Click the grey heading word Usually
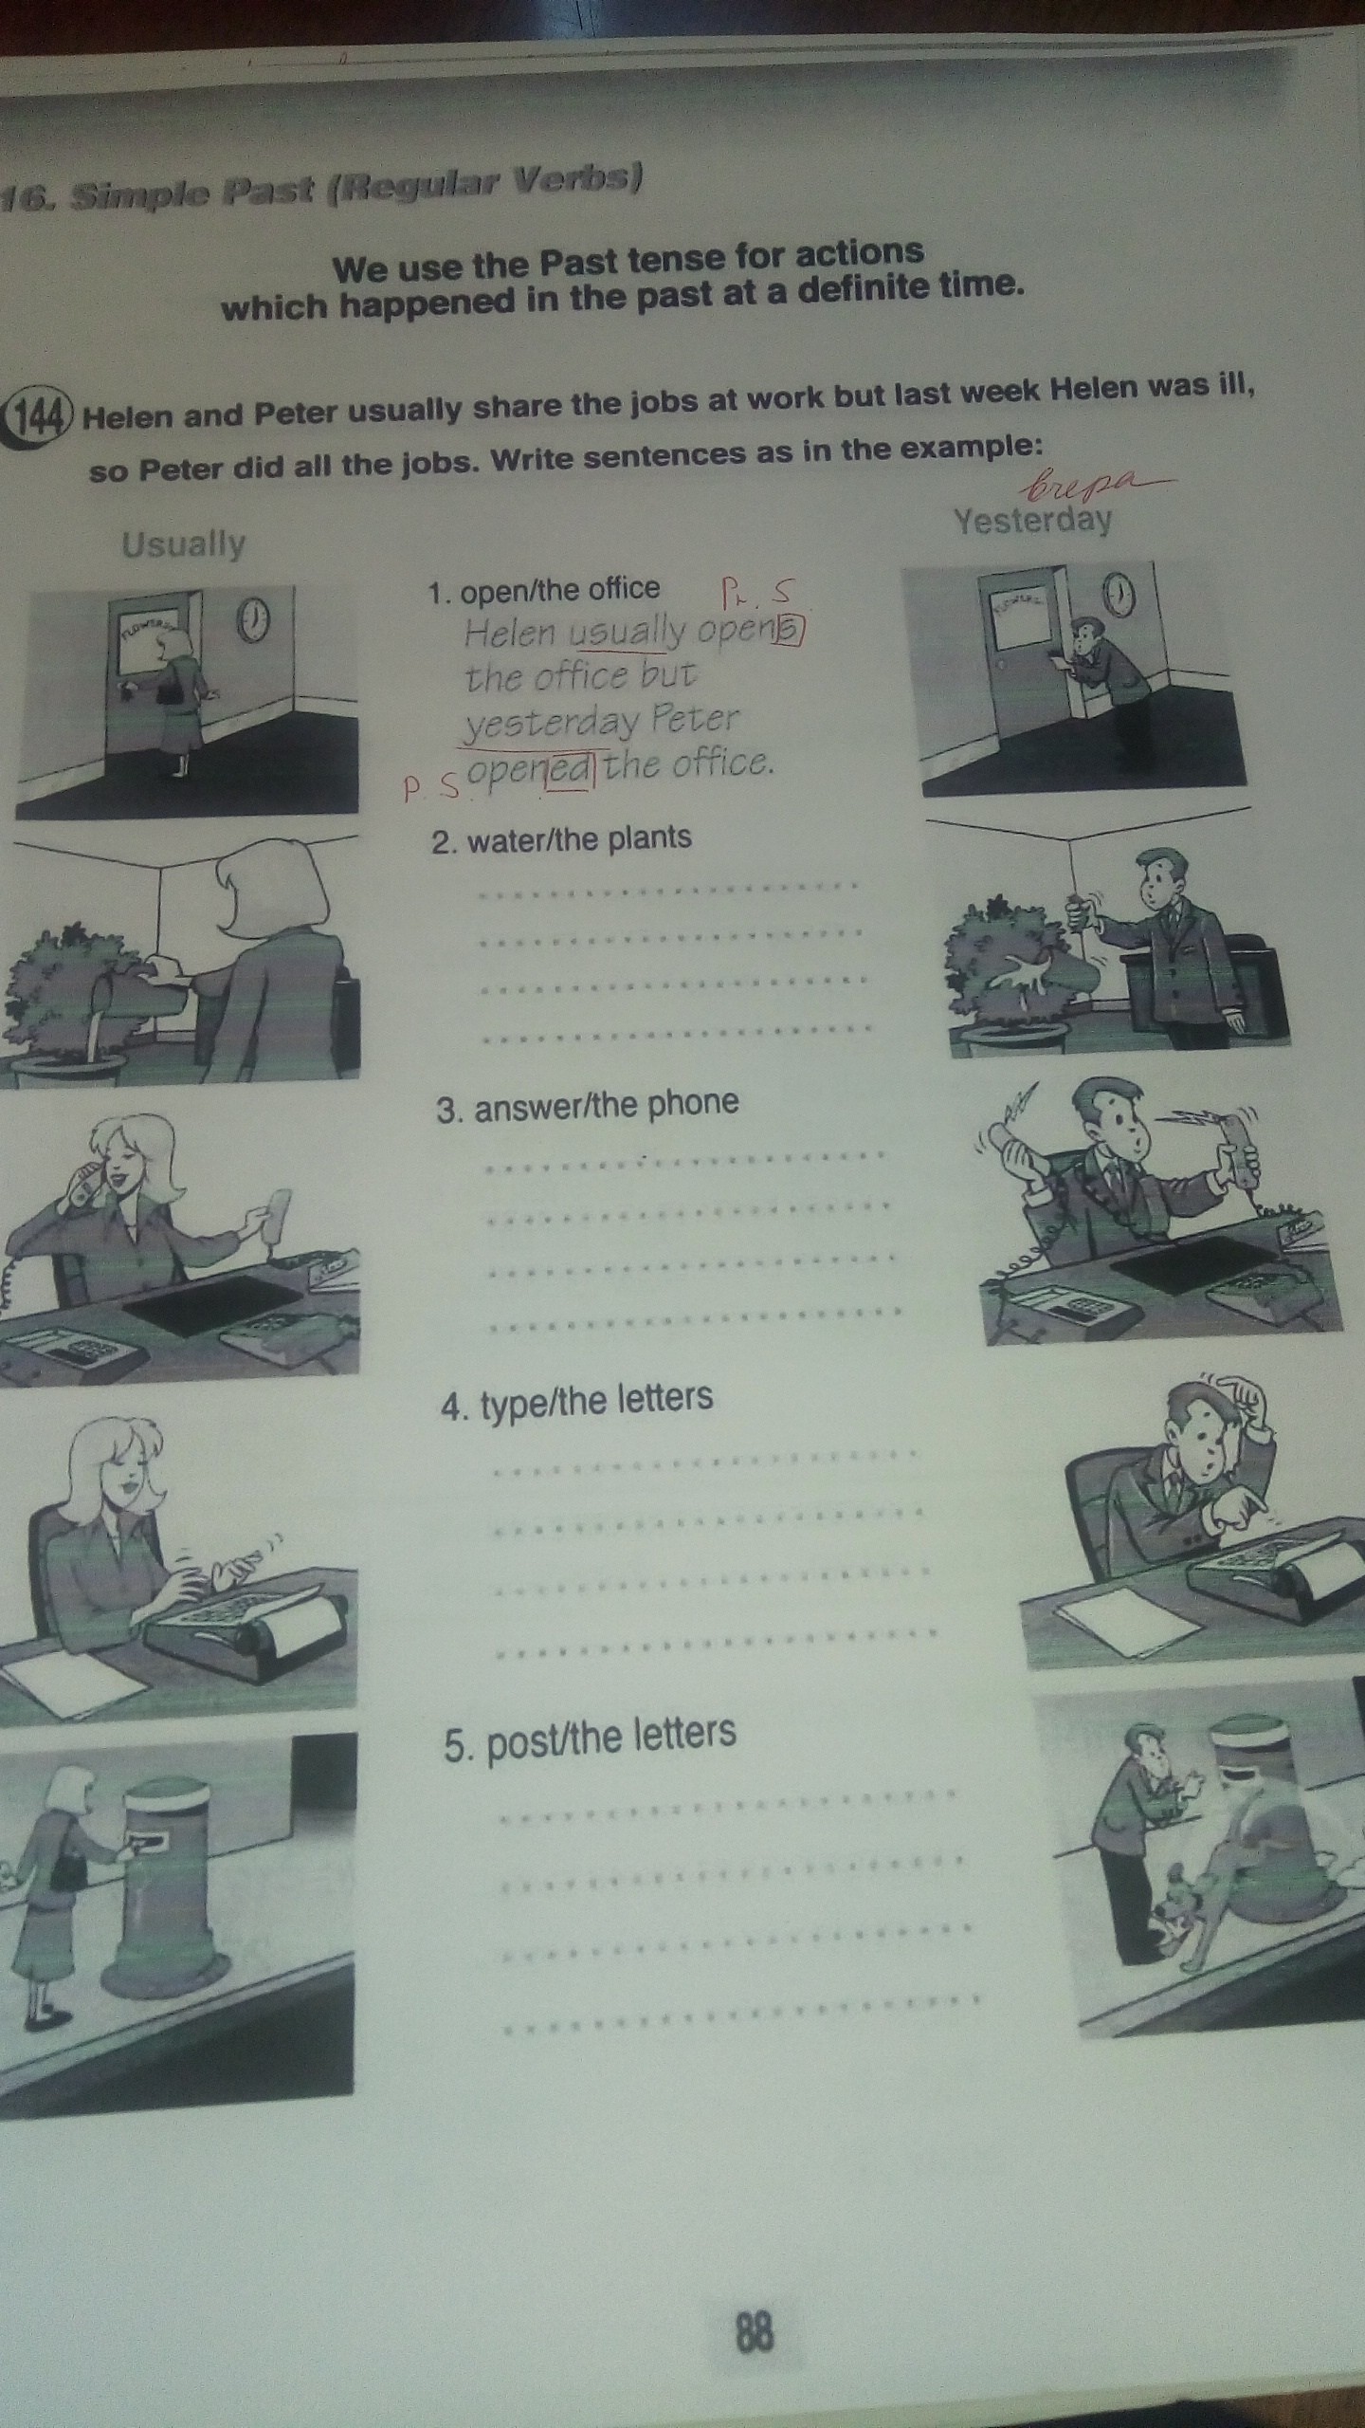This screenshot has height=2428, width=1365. click(184, 544)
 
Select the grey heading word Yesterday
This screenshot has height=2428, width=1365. click(1032, 520)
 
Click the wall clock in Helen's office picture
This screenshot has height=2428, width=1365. click(253, 621)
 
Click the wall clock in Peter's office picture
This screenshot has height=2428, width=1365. click(1119, 593)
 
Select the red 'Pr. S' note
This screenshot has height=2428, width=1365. click(755, 595)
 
